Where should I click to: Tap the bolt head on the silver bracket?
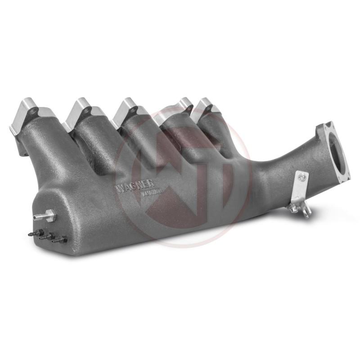pyautogui.click(x=302, y=177)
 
